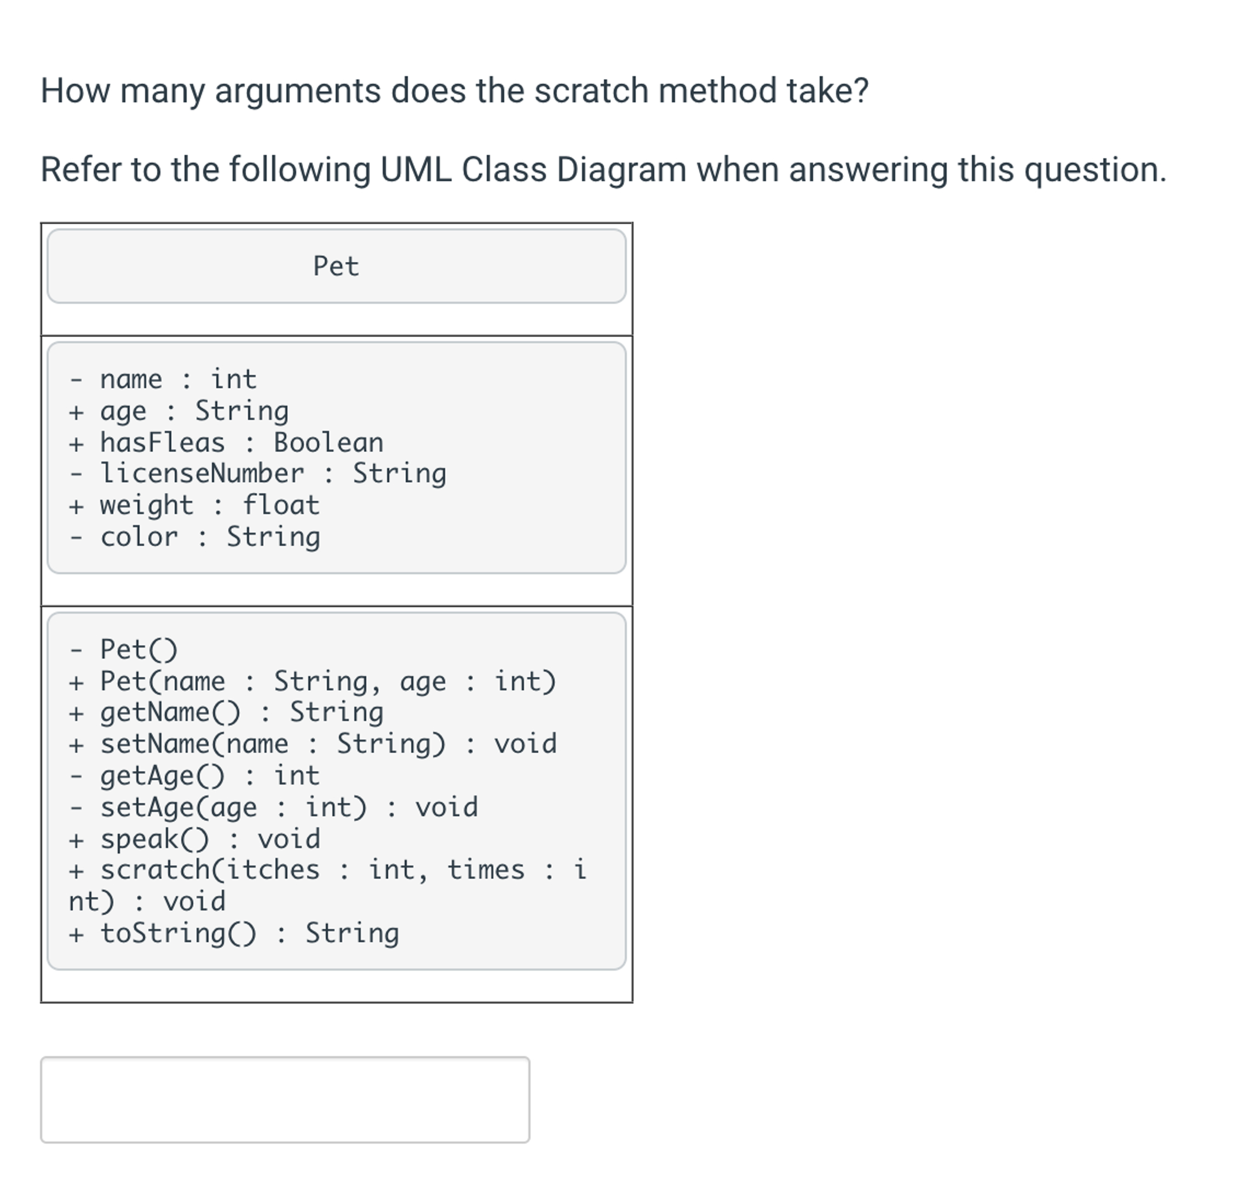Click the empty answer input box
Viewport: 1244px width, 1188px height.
[x=285, y=1099]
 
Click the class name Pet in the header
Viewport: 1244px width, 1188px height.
[x=336, y=267]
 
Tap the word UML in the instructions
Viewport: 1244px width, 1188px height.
[x=416, y=170]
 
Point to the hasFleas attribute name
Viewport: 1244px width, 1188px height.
[x=162, y=443]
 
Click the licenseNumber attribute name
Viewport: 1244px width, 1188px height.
[x=201, y=474]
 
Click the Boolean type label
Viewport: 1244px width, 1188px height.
[x=328, y=443]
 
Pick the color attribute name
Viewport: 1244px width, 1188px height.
[x=139, y=537]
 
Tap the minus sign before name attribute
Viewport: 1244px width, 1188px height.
[x=76, y=380]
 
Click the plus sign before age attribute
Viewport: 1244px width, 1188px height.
[x=76, y=412]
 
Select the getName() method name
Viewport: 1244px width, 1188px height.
[x=170, y=712]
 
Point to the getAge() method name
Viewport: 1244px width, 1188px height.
[x=162, y=776]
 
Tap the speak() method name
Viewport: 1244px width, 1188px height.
[x=154, y=839]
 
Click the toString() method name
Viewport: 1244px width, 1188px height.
[x=178, y=933]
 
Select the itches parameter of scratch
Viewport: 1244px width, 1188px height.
[x=272, y=870]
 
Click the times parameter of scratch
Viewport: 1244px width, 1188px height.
[x=486, y=870]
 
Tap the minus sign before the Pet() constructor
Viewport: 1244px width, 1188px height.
[x=76, y=650]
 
